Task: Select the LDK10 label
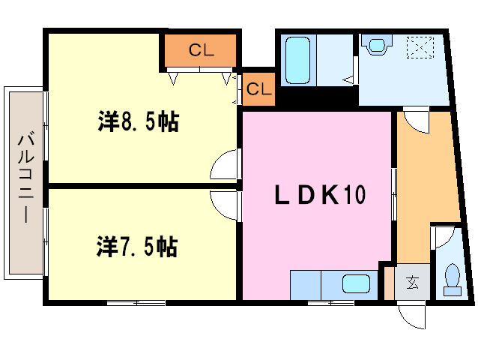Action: point(318,196)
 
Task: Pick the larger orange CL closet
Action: point(201,51)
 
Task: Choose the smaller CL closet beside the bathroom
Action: point(258,89)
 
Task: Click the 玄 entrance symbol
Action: point(413,283)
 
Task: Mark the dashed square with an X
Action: point(420,46)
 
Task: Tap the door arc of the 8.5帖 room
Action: point(224,164)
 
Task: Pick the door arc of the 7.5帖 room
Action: point(224,205)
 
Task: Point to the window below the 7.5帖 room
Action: point(136,303)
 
